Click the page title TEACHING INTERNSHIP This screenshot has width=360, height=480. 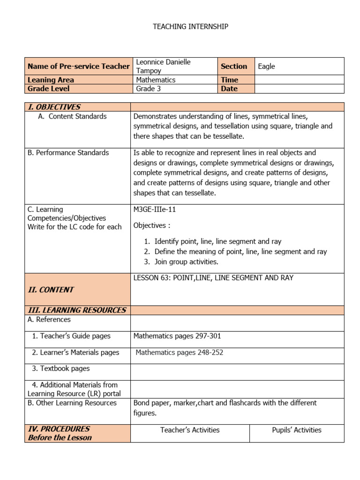click(190, 27)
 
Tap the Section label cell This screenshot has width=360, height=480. click(234, 67)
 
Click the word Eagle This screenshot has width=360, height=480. click(266, 67)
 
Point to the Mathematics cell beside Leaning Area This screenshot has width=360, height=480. click(156, 80)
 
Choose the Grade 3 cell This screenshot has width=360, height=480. click(148, 89)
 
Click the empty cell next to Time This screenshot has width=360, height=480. click(299, 80)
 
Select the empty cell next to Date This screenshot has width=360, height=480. click(299, 89)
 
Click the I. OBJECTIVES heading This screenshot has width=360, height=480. click(54, 107)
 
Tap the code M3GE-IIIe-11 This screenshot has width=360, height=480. click(155, 210)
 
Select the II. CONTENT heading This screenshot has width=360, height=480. click(51, 290)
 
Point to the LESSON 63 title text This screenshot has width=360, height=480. click(213, 278)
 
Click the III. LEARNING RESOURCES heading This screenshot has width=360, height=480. click(77, 310)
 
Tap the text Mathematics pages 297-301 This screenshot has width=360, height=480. click(177, 336)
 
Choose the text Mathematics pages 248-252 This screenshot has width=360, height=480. click(179, 352)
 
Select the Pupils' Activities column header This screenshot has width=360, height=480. click(296, 430)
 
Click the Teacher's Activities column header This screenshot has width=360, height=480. click(190, 430)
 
